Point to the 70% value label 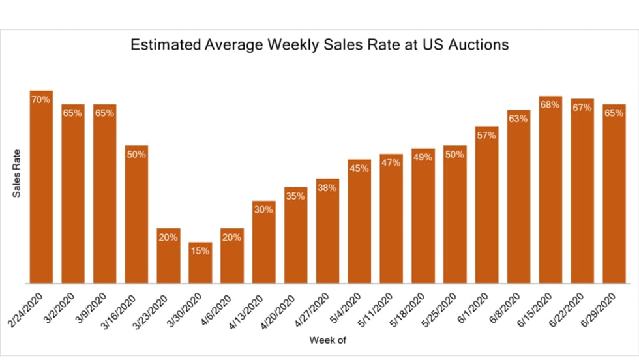pyautogui.click(x=40, y=100)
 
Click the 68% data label pyautogui.click(x=550, y=104)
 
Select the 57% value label pyautogui.click(x=486, y=135)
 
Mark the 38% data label pyautogui.click(x=327, y=188)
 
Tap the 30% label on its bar pyautogui.click(x=263, y=209)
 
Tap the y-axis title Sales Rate pyautogui.click(x=18, y=173)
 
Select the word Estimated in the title pyautogui.click(x=158, y=46)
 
